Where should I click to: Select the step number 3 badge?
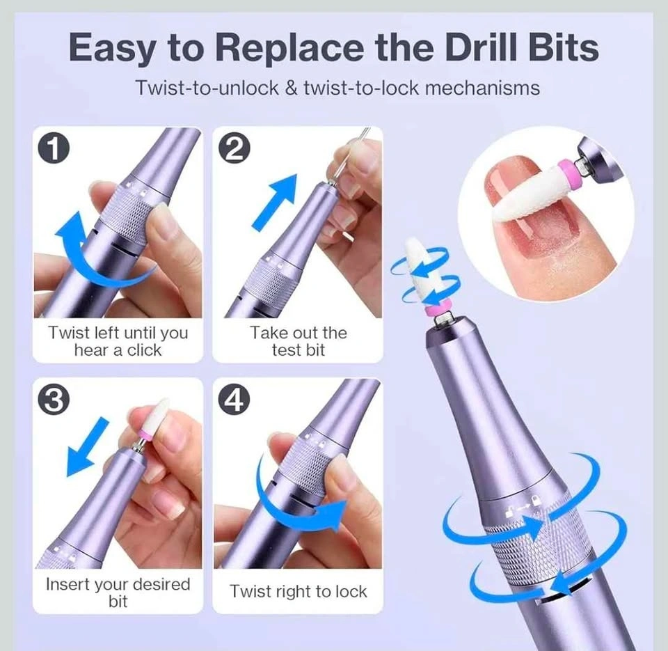(54, 401)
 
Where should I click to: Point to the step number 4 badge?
(234, 401)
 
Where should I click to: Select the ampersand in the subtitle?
(291, 88)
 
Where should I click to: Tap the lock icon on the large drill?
(535, 500)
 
